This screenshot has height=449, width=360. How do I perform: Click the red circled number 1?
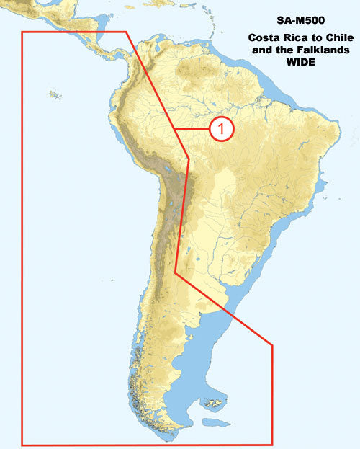[x=222, y=129]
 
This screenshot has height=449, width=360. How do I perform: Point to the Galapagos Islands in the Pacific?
[x=53, y=94]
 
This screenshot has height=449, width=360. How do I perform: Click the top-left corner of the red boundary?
[x=22, y=32]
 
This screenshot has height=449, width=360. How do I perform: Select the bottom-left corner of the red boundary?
[x=22, y=444]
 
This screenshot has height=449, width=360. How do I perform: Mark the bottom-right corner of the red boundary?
[x=272, y=444]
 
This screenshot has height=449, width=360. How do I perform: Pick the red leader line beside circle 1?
[x=193, y=129]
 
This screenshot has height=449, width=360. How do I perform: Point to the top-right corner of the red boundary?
[x=127, y=32]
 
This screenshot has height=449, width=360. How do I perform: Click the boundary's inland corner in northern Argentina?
[x=176, y=272]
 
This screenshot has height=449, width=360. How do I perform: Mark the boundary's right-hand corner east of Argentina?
[x=272, y=345]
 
